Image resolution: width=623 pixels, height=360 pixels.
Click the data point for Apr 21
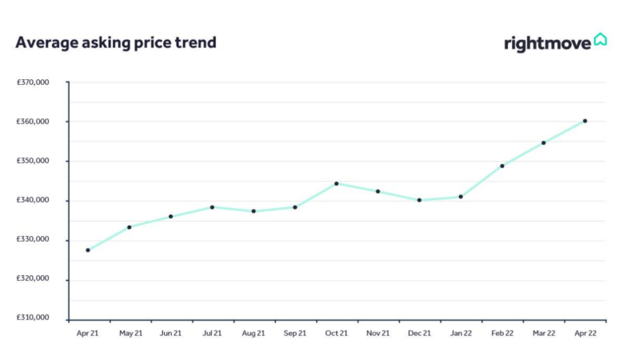(88, 250)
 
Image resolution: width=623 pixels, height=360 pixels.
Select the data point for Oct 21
(337, 183)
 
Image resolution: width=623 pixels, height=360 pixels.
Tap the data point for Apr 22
(585, 121)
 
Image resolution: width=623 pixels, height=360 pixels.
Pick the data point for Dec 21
(419, 200)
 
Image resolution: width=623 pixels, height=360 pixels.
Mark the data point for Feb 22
(502, 166)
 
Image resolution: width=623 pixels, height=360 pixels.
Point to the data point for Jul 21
(212, 207)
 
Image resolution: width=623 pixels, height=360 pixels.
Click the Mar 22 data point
(544, 142)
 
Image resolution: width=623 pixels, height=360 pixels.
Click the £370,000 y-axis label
(33, 82)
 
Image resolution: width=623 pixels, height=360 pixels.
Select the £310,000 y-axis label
(33, 318)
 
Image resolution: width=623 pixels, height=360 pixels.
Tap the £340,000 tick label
(33, 200)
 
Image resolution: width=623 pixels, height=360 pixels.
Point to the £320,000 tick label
(33, 278)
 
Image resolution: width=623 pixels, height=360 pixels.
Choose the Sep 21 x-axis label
(295, 334)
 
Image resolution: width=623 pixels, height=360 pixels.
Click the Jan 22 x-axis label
(461, 334)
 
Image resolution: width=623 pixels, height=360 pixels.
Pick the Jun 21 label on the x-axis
(170, 334)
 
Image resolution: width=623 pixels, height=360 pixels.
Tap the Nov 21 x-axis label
(377, 334)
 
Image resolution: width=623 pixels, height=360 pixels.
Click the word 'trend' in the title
(195, 42)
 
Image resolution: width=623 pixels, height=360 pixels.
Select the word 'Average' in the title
(47, 43)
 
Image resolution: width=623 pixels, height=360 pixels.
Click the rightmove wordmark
(548, 44)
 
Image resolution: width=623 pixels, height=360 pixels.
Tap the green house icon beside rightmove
(601, 39)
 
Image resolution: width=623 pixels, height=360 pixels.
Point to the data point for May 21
(129, 227)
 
